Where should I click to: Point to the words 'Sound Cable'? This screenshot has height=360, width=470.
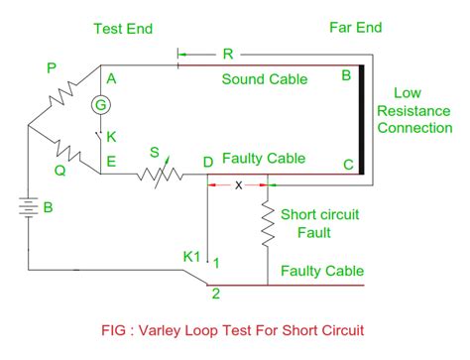click(263, 78)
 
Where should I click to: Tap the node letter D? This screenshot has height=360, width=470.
click(207, 162)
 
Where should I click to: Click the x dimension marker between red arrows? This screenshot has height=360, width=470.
click(237, 184)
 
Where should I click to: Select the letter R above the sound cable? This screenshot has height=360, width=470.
click(227, 53)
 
